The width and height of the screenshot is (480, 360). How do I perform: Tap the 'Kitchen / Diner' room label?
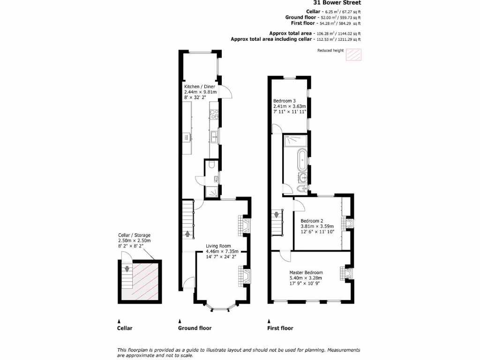(x=200, y=87)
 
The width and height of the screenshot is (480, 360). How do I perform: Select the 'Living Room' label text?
(x=218, y=246)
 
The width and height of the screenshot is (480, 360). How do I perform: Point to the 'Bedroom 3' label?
(x=285, y=101)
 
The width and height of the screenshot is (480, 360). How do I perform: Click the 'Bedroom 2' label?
(x=312, y=221)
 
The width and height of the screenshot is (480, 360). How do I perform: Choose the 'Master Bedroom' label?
(x=306, y=272)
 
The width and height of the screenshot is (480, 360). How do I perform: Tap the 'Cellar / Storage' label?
(x=134, y=235)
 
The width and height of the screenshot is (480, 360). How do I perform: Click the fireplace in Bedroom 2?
(x=349, y=223)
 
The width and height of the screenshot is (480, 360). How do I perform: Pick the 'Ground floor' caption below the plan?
(x=195, y=328)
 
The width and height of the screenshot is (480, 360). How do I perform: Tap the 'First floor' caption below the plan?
(x=280, y=328)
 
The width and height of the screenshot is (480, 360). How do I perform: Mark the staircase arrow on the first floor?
(x=276, y=215)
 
